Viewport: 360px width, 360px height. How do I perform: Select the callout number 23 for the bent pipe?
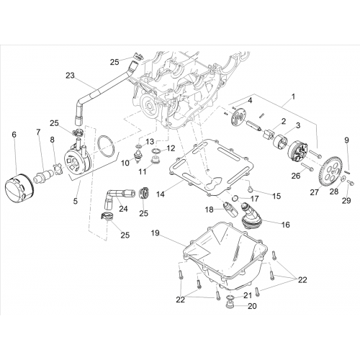coord(71,76)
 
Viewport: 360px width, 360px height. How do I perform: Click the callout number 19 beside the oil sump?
coord(156,233)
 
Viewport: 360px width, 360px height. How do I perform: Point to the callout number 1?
coord(293,97)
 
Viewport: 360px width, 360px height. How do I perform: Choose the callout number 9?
coord(346,140)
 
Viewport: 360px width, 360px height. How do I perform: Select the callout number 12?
coord(171,148)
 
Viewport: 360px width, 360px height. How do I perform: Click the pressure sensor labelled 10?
coord(138,156)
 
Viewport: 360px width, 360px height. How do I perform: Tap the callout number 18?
coord(209,210)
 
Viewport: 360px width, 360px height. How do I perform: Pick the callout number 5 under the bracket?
coord(76,201)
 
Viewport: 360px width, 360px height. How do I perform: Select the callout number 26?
coord(296,176)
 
